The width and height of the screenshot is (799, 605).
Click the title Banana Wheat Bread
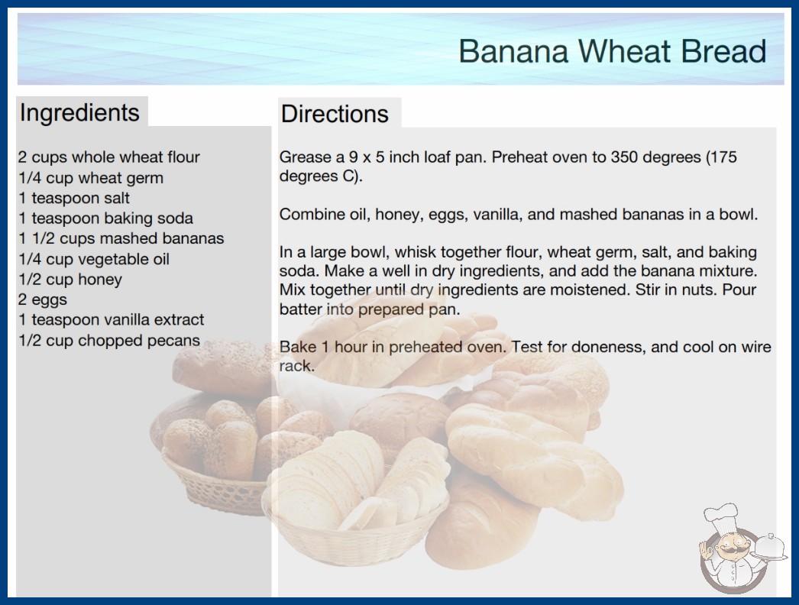(x=612, y=51)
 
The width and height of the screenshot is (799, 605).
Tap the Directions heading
(x=335, y=114)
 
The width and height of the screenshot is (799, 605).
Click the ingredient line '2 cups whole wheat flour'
(x=109, y=157)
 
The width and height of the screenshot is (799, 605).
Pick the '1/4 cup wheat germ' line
(x=91, y=178)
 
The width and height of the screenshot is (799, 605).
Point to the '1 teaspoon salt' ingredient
(x=74, y=198)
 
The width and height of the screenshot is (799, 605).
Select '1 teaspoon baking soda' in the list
(x=106, y=218)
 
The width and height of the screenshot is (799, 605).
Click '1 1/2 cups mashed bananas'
(x=121, y=238)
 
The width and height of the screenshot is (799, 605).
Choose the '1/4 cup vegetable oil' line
(x=94, y=259)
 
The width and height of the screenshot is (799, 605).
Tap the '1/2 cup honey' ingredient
(x=70, y=280)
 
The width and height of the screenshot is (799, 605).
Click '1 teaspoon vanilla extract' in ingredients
(x=111, y=319)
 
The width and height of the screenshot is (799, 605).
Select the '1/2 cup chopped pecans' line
(x=109, y=340)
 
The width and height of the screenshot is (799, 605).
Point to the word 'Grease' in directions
(x=306, y=157)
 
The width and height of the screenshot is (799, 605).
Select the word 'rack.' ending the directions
(x=296, y=366)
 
